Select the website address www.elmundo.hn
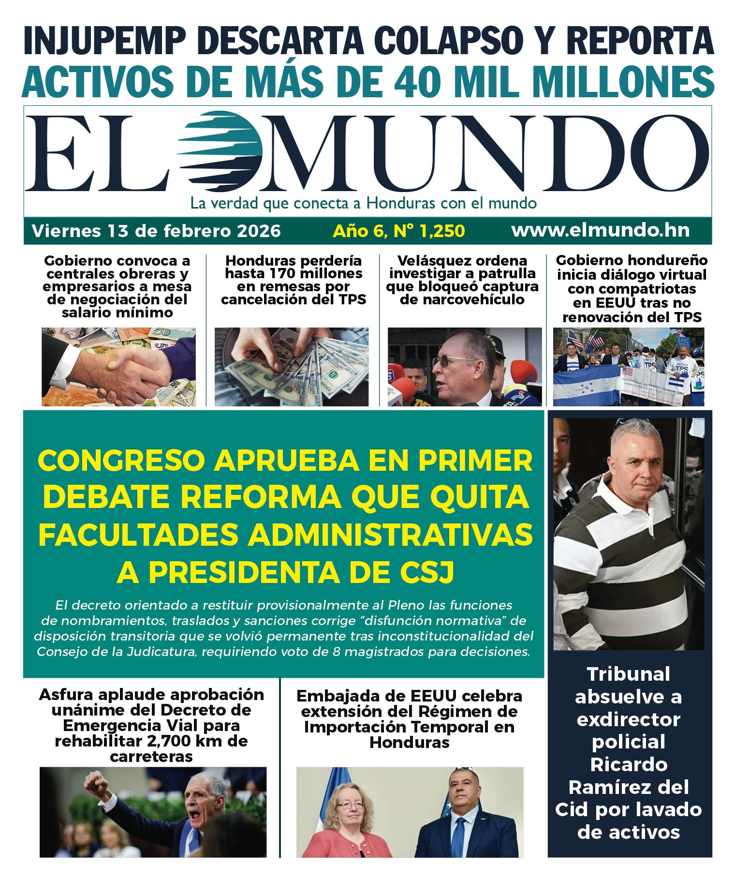[x=600, y=230]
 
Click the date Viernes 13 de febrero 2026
[x=156, y=231]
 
